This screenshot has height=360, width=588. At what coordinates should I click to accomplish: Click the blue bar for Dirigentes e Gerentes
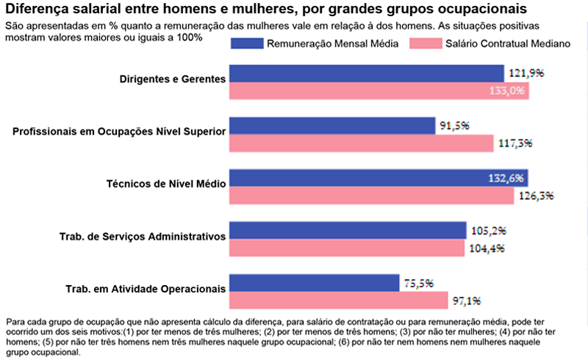367,73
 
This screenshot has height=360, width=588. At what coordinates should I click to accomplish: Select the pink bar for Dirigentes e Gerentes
379,91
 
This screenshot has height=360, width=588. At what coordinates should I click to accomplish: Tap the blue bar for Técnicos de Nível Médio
379,179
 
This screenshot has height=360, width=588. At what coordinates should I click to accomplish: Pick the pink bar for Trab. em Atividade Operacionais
339,300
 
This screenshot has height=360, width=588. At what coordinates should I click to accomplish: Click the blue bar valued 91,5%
332,126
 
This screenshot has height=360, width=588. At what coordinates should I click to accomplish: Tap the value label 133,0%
507,91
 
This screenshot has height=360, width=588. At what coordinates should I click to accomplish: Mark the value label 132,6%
506,179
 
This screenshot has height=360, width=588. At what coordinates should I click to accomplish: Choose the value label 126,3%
534,196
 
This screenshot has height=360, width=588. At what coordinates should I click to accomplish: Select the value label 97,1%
467,300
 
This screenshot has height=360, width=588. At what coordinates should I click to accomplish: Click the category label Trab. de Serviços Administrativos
142,236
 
